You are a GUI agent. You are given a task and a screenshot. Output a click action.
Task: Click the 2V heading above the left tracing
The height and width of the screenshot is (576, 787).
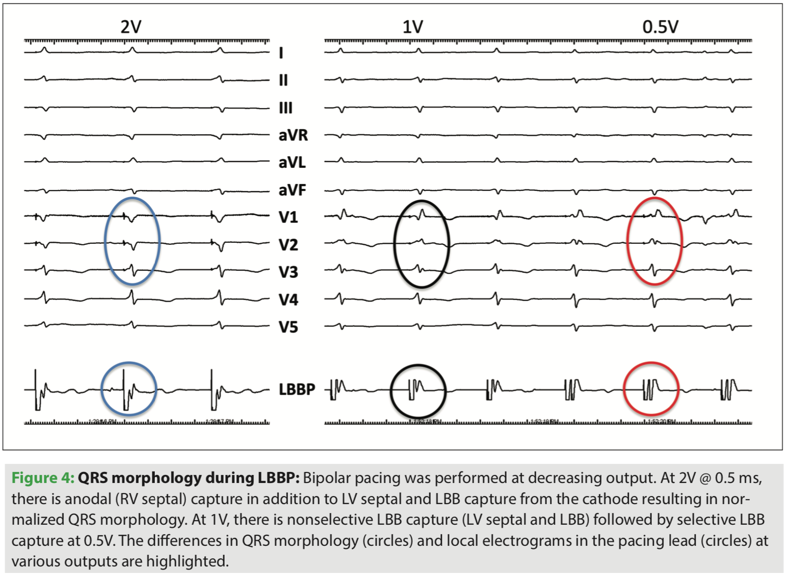pos(131,26)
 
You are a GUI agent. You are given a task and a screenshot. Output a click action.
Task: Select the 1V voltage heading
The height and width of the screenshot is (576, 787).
pos(413,26)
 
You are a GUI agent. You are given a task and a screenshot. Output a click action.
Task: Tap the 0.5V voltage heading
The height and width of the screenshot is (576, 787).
pos(660,26)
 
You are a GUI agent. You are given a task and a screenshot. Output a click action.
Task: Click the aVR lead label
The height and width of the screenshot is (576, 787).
pos(293,135)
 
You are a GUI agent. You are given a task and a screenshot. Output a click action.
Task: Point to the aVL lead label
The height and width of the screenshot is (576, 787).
pos(292,163)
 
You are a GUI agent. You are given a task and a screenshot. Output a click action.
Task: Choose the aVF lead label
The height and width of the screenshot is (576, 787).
pos(292,190)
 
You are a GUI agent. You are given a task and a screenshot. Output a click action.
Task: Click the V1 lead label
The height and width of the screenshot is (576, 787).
pos(288,217)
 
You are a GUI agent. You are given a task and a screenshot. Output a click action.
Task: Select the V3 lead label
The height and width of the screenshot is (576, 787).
pos(288,272)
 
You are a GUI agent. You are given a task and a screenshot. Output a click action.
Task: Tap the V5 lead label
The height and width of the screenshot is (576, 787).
pos(288,327)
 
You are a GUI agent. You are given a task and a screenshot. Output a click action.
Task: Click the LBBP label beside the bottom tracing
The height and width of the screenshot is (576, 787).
pos(297,390)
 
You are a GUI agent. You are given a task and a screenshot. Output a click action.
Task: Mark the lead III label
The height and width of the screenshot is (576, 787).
pos(285,108)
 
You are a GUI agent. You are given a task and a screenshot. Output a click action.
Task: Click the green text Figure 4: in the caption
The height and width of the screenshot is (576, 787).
pos(43,477)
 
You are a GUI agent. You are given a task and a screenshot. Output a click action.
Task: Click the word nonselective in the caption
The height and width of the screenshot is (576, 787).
pos(337,519)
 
